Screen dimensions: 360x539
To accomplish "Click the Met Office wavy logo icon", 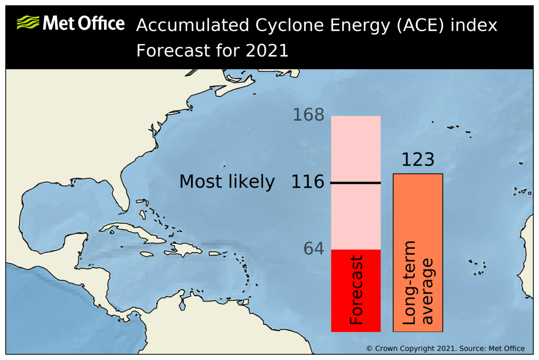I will [x=28, y=22].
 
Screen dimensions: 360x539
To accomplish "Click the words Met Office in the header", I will [x=83, y=23].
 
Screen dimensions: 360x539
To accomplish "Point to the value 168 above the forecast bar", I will [x=308, y=115].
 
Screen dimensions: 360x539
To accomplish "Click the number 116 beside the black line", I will [x=308, y=182].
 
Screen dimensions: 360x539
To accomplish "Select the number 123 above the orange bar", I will [x=417, y=160].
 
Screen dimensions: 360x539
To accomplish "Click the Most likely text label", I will [x=227, y=182].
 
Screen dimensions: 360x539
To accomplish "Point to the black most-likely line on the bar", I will [x=356, y=183].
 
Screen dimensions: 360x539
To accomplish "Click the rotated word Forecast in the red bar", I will [x=356, y=290].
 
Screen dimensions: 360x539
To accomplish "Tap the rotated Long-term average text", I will [x=417, y=283].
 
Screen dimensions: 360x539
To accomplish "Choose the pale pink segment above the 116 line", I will [x=356, y=148].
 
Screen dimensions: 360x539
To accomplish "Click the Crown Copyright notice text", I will [x=445, y=348].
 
